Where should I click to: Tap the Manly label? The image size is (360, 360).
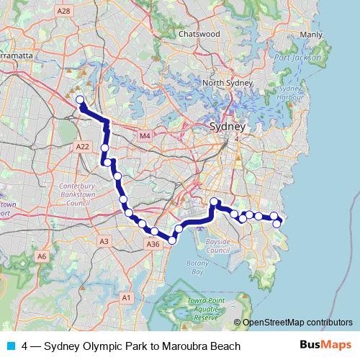click(311, 35)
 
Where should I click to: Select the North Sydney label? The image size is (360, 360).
click(222, 83)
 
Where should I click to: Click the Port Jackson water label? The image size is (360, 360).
click(291, 58)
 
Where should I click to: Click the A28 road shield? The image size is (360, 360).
click(64, 11)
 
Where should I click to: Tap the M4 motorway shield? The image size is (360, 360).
click(145, 135)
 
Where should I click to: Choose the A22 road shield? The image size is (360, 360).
click(82, 146)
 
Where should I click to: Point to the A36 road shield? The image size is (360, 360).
click(153, 245)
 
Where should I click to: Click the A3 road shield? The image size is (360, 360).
click(104, 241)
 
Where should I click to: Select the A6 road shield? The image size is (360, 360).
click(42, 256)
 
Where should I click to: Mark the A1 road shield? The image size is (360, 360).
click(126, 297)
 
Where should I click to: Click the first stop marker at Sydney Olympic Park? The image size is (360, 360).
click(80, 100)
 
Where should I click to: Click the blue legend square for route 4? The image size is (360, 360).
click(9, 346)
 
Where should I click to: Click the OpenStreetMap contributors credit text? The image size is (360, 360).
click(299, 323)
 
